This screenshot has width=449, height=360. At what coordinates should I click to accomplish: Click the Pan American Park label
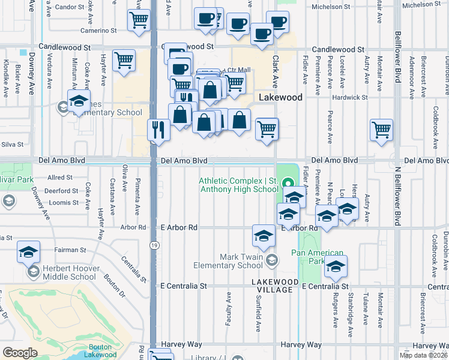point(318,257)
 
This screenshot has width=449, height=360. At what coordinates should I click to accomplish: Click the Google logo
point(20,353)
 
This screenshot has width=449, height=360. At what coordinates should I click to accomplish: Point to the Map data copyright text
point(423,355)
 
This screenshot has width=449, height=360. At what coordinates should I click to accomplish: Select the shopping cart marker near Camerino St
point(139,20)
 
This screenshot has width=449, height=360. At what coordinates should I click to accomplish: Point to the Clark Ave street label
point(276,71)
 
